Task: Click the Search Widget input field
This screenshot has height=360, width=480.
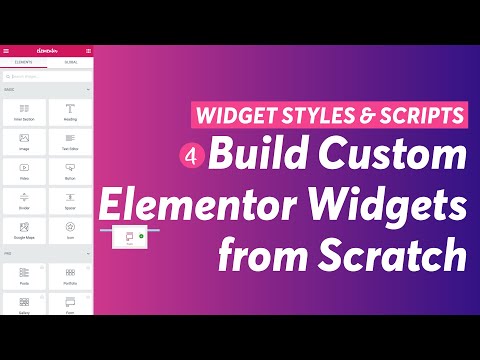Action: (x=47, y=75)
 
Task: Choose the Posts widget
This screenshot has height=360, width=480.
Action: (x=25, y=275)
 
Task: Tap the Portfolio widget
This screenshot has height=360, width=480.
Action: (x=70, y=275)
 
